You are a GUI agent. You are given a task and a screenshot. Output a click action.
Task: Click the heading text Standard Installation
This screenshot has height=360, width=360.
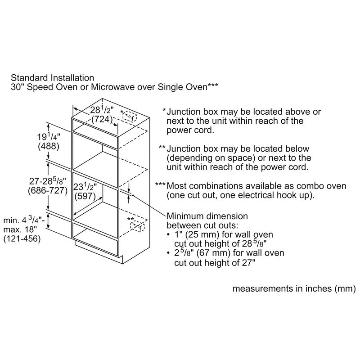[52, 78]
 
